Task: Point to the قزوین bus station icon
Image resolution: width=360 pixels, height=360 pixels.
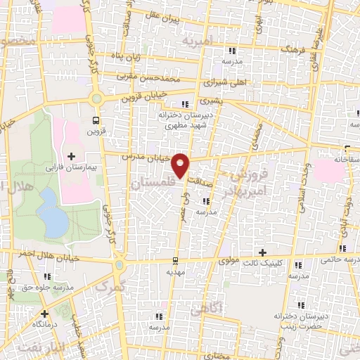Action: pos(96,120)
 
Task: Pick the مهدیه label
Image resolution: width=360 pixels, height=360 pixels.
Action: pos(176,269)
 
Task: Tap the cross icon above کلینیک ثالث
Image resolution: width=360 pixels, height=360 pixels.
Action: pos(263,252)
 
